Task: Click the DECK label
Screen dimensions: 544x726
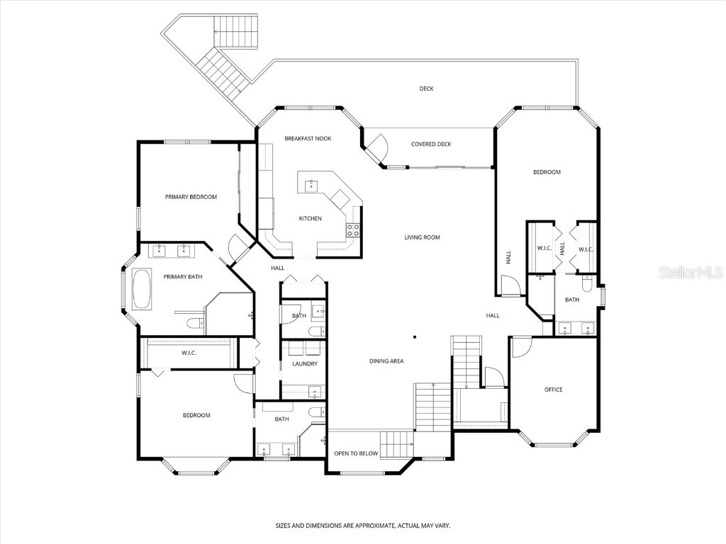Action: [426, 89]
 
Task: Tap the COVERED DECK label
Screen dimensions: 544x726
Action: [431, 144]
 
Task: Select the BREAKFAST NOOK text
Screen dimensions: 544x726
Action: [308, 138]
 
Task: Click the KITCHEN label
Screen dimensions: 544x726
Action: [310, 218]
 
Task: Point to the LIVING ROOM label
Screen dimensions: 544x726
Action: [423, 237]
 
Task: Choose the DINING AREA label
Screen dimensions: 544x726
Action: [386, 361]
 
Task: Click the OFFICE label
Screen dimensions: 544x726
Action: [553, 390]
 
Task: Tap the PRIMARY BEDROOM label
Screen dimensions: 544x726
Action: [191, 197]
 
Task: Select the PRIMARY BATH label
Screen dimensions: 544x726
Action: [183, 276]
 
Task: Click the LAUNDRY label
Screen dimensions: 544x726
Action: [305, 363]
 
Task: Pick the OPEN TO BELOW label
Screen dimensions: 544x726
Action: [357, 453]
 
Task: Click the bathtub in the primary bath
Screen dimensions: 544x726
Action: [142, 289]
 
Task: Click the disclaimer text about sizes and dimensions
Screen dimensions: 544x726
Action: [363, 526]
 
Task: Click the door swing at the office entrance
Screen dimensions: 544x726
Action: [520, 346]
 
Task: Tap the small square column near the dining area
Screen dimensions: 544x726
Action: [415, 337]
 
